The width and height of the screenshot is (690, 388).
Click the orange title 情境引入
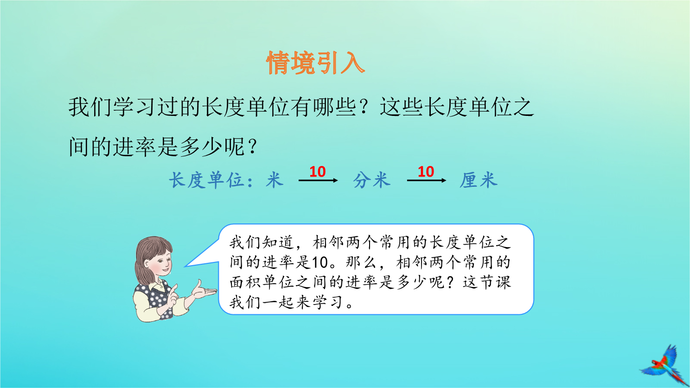point(315,63)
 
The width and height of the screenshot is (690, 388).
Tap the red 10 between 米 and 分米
point(318,172)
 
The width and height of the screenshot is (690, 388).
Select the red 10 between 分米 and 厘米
point(426,172)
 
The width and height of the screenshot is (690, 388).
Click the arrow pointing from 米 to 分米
point(318,180)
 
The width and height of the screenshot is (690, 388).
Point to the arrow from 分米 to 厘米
point(427,180)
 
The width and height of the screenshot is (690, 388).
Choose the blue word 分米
point(372,180)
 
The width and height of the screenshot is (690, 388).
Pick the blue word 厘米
point(479,180)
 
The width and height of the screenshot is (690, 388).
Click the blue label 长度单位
point(207,180)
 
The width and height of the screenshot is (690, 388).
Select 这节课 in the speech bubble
point(487,282)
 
